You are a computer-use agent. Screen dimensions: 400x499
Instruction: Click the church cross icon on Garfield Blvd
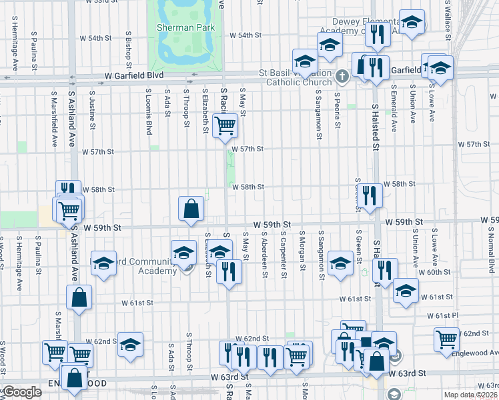(x=342, y=76)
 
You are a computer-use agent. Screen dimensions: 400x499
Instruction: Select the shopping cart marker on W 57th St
(x=225, y=125)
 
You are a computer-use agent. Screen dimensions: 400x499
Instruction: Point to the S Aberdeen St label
(x=265, y=252)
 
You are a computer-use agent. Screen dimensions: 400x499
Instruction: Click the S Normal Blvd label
(x=490, y=251)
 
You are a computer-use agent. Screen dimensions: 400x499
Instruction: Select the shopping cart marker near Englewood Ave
(x=446, y=339)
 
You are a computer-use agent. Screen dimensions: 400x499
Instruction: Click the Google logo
(x=22, y=392)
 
